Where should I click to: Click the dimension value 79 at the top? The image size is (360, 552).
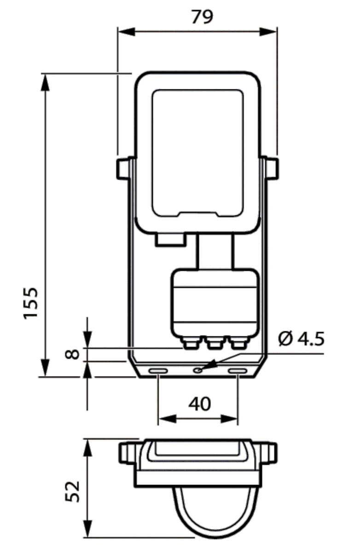(x=202, y=17)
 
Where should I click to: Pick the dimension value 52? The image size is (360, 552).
(x=73, y=491)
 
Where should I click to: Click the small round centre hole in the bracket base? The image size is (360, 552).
(x=198, y=369)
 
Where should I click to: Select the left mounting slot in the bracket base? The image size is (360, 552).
(x=158, y=371)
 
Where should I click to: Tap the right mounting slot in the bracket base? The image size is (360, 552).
(x=238, y=371)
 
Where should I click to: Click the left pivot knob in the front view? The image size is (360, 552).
(x=122, y=168)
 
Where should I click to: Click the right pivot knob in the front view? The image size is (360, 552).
(x=272, y=168)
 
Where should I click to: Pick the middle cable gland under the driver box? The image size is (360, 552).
(x=214, y=343)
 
